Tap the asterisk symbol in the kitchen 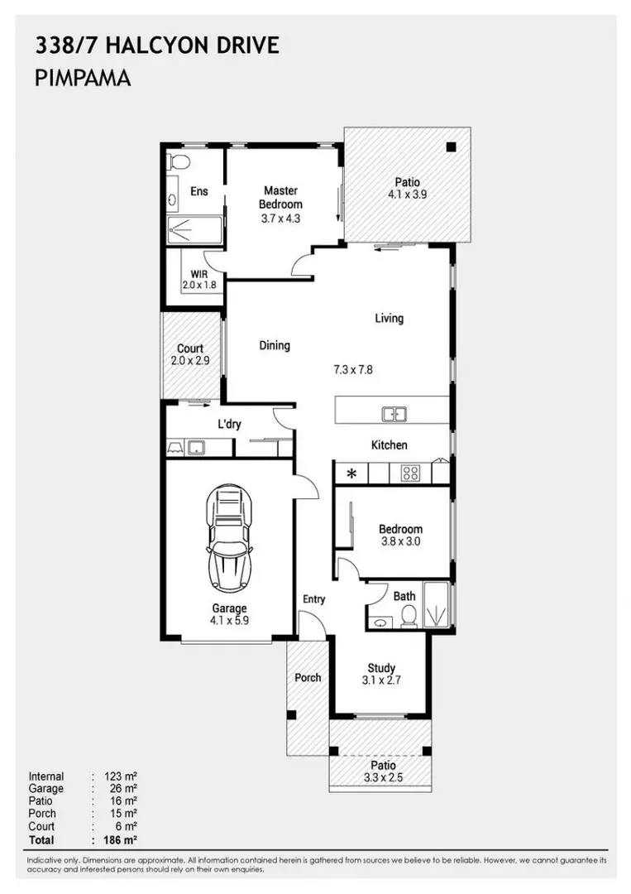351,474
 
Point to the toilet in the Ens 179,161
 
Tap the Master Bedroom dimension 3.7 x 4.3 281,219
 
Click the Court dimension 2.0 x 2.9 190,362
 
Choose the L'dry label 228,424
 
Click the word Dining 275,345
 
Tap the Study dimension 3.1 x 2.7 381,681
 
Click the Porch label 308,677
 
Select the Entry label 313,599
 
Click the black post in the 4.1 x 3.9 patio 451,147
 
